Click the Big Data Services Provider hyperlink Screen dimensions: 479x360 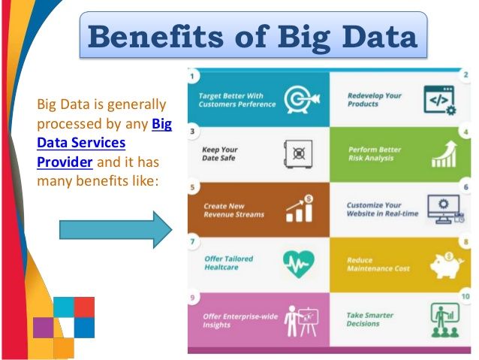[x=104, y=143]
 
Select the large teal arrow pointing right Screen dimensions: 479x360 [x=116, y=230]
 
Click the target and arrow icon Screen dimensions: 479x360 [x=302, y=99]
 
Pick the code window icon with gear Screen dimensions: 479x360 [x=440, y=100]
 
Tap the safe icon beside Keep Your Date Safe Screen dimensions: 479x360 [x=298, y=154]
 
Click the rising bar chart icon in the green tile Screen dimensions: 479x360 [x=444, y=154]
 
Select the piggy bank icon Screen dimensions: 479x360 [x=447, y=265]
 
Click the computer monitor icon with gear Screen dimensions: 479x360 [x=446, y=209]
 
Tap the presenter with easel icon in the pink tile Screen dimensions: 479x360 [x=301, y=321]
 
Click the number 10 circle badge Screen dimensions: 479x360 [x=465, y=296]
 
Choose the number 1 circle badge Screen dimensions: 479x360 [x=192, y=76]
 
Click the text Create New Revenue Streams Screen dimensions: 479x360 [x=233, y=210]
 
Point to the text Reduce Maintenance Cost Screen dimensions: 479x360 [x=378, y=265]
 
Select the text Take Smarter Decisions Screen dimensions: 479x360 [x=369, y=319]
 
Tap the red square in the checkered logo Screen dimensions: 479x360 [x=84, y=307]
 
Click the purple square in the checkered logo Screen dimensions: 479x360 [x=44, y=328]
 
